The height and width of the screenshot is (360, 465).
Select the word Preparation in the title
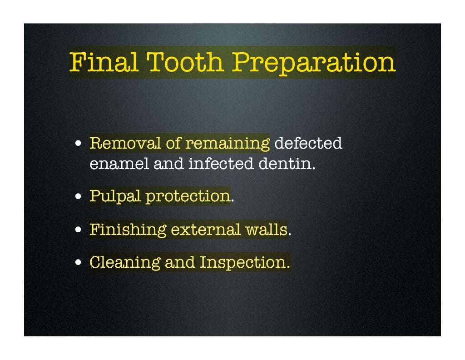point(314,63)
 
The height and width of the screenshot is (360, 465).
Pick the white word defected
point(308,143)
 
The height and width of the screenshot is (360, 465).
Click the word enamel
point(119,163)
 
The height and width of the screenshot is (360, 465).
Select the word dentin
point(287,163)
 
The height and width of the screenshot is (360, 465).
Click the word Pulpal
point(115,196)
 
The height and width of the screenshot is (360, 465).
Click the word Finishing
point(128,229)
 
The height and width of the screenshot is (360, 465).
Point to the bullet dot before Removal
point(79,144)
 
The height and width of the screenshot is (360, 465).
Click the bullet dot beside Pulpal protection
point(79,197)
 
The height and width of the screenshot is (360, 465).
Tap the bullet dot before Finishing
point(79,230)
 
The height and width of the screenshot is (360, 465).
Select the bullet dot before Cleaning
point(79,263)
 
